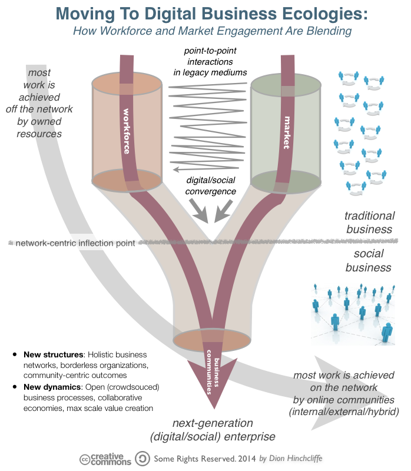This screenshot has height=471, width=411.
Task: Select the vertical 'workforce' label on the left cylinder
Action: pos(126,131)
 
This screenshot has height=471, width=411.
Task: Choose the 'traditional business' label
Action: pos(369,223)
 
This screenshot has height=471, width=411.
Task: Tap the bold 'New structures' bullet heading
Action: pos(52,355)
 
